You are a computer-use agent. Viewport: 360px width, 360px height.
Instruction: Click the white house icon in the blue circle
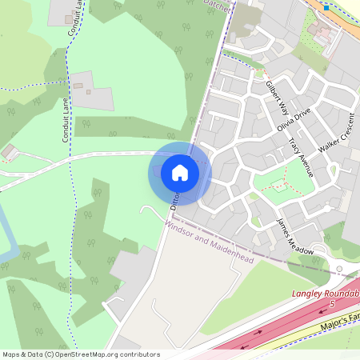point(180,173)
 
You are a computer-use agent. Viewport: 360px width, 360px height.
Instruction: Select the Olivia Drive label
point(293,121)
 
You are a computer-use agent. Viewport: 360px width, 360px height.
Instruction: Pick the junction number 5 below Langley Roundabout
point(331,305)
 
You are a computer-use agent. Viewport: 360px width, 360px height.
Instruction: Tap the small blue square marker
point(326,7)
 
